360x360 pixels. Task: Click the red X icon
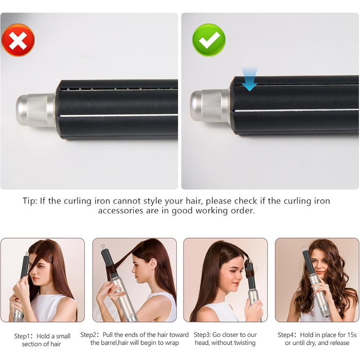pos(18,40)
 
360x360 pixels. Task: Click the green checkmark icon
pos(209,40)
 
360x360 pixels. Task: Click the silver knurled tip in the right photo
pos(210,105)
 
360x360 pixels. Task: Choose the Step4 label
pos(289,335)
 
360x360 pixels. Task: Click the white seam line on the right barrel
pos(298,110)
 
